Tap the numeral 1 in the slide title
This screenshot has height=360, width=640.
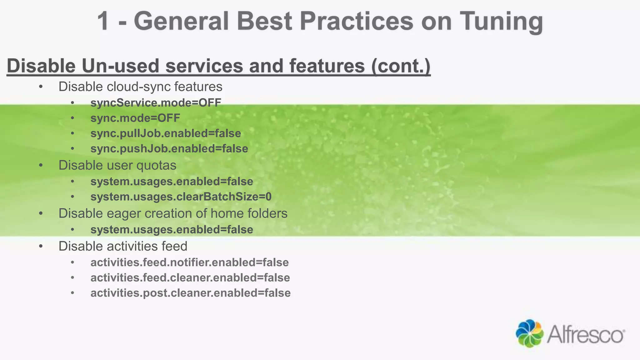[x=103, y=21]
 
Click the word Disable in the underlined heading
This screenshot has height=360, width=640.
[x=41, y=66]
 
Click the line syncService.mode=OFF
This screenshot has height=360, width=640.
[x=156, y=103]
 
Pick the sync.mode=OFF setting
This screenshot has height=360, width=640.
[x=135, y=118]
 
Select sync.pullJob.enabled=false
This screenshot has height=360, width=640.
[x=166, y=133]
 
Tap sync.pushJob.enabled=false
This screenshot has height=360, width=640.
[x=169, y=149]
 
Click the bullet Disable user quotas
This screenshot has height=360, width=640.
[x=117, y=165]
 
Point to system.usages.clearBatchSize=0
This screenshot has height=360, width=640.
[x=181, y=197]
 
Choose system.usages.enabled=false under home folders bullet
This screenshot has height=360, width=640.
[x=172, y=230]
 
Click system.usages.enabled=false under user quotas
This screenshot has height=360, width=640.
[x=172, y=182]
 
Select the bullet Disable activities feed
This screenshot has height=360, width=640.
[x=123, y=246]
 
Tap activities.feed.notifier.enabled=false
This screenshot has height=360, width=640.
[x=189, y=262]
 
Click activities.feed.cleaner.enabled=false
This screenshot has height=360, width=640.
[x=190, y=278]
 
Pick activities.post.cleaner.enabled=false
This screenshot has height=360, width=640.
[x=190, y=293]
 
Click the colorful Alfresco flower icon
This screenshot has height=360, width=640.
[x=529, y=333]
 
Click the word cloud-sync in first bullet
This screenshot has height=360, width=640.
[x=139, y=87]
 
